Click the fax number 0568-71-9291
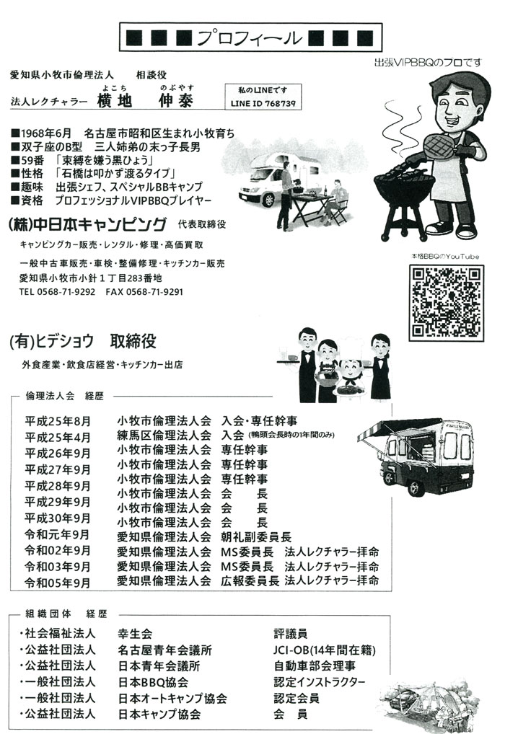(154, 292)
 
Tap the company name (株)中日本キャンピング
(87, 223)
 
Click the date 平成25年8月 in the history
(58, 421)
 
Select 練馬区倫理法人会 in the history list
(164, 436)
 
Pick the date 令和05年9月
(58, 581)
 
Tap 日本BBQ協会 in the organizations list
(153, 682)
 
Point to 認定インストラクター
(320, 682)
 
